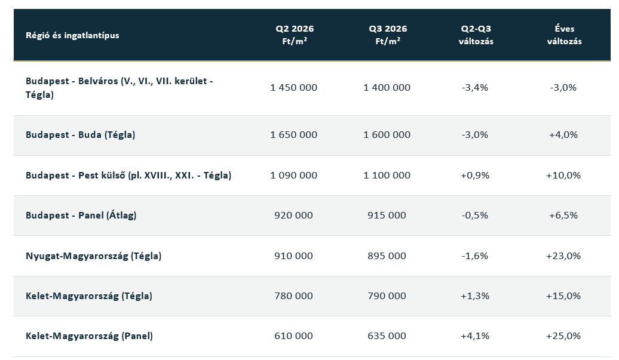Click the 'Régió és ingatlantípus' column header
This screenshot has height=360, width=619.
tap(72, 35)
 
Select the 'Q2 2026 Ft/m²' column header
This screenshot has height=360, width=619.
tap(295, 35)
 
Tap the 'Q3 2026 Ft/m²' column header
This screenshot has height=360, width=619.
tap(388, 35)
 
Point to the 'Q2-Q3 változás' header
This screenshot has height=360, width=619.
tap(476, 35)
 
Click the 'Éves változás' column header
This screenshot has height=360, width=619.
tap(564, 35)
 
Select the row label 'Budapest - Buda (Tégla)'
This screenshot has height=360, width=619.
tap(80, 135)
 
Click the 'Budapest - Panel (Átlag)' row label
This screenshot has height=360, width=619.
tap(81, 216)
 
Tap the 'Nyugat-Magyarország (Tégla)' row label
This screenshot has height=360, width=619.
tap(94, 256)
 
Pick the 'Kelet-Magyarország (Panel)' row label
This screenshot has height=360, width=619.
tap(89, 336)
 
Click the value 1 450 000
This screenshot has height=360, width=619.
tap(294, 88)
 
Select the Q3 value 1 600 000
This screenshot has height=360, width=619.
tap(387, 135)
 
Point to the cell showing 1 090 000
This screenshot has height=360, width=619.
tap(294, 176)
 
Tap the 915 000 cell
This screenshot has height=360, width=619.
tap(387, 216)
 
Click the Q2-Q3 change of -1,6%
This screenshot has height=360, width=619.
tap(475, 256)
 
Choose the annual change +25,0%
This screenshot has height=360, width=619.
tap(563, 336)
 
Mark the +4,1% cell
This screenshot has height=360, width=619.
tap(475, 336)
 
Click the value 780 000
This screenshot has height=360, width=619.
tap(294, 296)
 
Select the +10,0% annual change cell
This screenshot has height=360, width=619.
tap(563, 176)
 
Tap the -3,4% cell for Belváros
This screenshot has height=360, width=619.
tap(475, 88)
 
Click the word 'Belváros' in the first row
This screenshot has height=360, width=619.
tap(98, 81)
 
